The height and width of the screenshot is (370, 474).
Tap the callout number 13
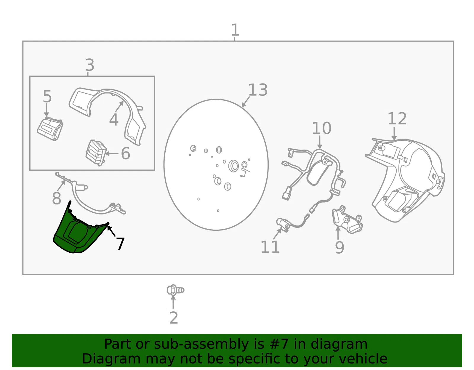pos(258,90)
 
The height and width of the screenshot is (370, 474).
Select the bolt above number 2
pos(175,290)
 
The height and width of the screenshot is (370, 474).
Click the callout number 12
pos(397,119)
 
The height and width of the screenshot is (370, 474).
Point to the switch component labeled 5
pos(50,129)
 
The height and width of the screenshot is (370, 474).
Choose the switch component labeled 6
pos(96,153)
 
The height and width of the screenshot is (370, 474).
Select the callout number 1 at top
pos(235,30)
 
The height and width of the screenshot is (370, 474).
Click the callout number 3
pos(90,65)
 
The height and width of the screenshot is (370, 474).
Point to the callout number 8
pos(57,198)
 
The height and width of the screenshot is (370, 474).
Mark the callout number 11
pos(270,247)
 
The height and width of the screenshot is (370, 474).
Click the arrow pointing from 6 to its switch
pos(112,153)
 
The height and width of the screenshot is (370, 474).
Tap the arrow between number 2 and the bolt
pos(173,302)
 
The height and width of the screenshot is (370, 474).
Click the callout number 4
pos(114,119)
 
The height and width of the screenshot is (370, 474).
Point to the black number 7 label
pos(120,244)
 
